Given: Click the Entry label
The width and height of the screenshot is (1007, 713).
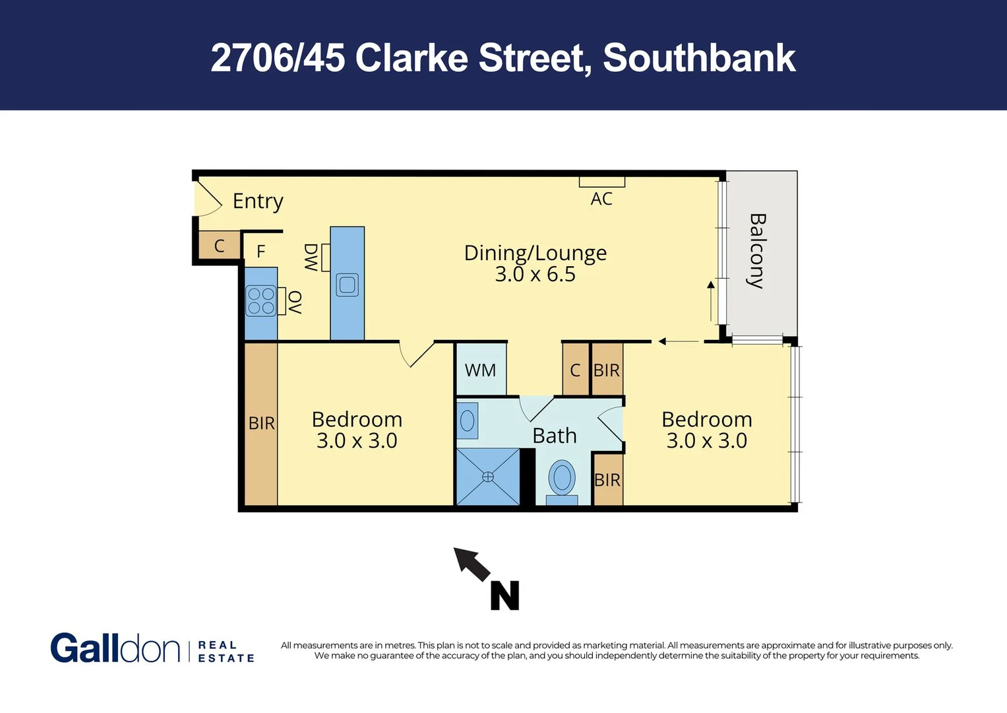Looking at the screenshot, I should pyautogui.click(x=258, y=201).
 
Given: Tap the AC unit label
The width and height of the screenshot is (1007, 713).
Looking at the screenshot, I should pyautogui.click(x=601, y=199).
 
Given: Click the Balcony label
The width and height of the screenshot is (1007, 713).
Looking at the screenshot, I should pyautogui.click(x=757, y=251).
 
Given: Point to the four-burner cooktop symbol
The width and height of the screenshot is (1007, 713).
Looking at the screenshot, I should pyautogui.click(x=261, y=301).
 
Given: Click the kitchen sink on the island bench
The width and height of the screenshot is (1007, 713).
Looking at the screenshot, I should pyautogui.click(x=347, y=285).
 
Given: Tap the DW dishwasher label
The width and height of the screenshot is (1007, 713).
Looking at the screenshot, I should pyautogui.click(x=311, y=257).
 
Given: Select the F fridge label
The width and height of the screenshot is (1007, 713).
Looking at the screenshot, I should pyautogui.click(x=261, y=252).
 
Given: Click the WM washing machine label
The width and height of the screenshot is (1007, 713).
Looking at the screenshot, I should pyautogui.click(x=480, y=370).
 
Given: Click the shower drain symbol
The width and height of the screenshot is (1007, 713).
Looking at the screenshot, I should pyautogui.click(x=487, y=477).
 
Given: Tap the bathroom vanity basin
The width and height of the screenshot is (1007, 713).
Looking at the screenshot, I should pyautogui.click(x=468, y=421).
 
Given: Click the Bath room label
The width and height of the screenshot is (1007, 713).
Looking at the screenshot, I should pyautogui.click(x=555, y=436).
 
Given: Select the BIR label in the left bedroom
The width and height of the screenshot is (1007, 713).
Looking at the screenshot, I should pyautogui.click(x=261, y=423).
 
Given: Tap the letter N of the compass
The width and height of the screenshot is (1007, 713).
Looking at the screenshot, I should pyautogui.click(x=504, y=595).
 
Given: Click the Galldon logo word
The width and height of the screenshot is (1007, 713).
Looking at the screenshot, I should pyautogui.click(x=115, y=648).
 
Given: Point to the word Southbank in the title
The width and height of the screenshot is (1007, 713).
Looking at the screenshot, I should pyautogui.click(x=699, y=58).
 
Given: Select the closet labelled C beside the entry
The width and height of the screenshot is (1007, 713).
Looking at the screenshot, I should pyautogui.click(x=219, y=246).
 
